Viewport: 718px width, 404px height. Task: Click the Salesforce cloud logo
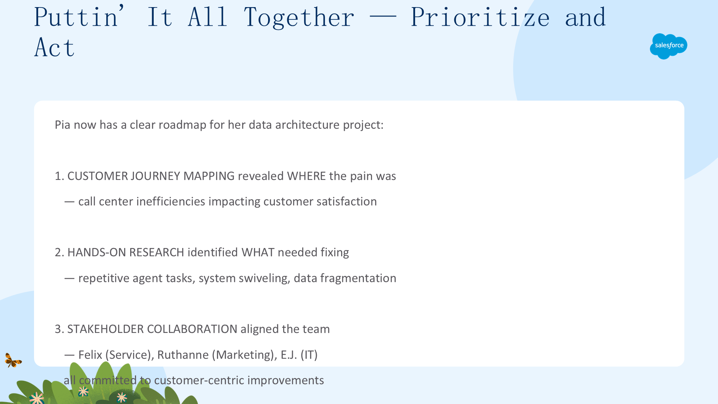click(669, 46)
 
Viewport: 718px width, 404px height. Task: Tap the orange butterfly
click(13, 360)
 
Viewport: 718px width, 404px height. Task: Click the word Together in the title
click(299, 17)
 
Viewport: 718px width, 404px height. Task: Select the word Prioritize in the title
click(480, 17)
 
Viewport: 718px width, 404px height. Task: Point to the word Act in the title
click(55, 48)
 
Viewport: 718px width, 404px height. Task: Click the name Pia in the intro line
click(62, 125)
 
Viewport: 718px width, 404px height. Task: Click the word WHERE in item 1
click(307, 176)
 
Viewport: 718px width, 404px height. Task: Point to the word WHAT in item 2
click(258, 252)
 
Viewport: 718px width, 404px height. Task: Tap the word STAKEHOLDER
click(105, 329)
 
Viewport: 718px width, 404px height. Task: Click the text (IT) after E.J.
click(309, 355)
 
